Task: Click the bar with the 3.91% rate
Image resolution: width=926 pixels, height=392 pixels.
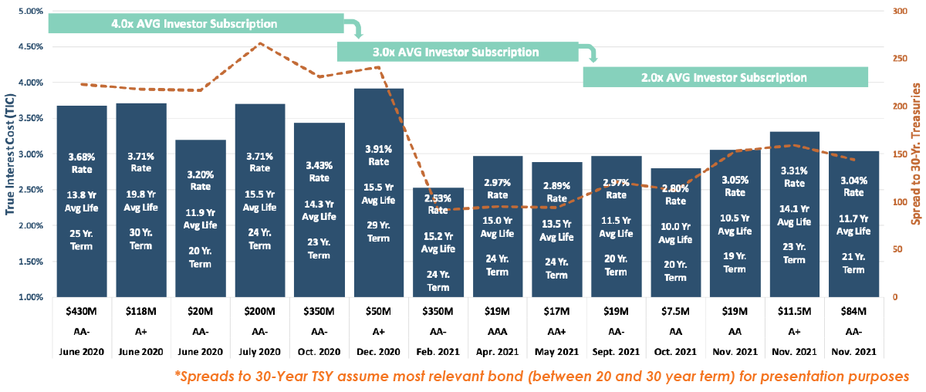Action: [378, 193]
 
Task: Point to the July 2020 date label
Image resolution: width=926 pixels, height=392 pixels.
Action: [259, 351]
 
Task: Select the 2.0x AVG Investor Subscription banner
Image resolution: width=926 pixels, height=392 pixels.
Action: [725, 77]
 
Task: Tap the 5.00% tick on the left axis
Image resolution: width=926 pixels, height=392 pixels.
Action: [29, 12]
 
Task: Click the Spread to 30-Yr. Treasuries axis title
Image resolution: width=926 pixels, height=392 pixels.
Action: [917, 154]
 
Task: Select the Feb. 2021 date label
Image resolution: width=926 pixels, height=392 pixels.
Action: [438, 351]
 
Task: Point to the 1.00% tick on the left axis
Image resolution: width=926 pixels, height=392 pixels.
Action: [29, 297]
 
